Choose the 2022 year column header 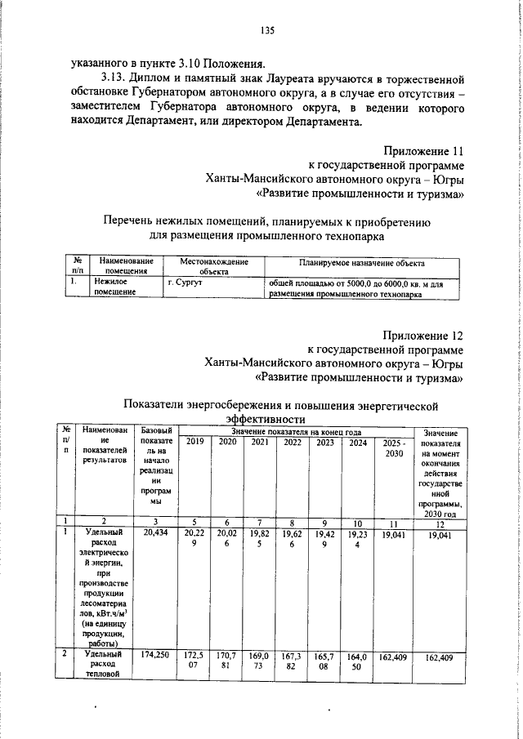(292, 443)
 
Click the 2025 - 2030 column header (395, 448)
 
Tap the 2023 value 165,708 (325, 661)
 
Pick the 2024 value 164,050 (357, 661)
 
